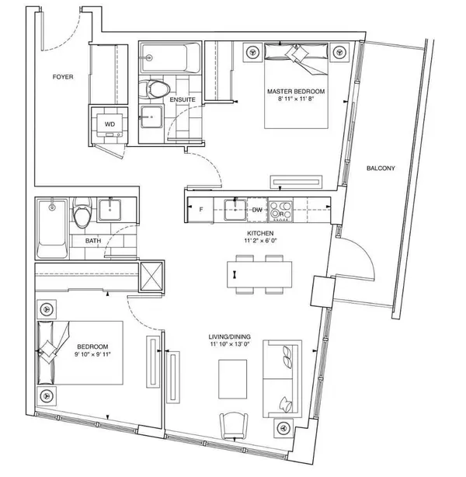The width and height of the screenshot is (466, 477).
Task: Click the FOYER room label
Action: (63, 77)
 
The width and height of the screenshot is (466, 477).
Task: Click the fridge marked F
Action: (201, 210)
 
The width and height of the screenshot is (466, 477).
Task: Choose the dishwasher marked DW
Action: (257, 210)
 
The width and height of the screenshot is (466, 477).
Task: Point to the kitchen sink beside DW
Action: (231, 209)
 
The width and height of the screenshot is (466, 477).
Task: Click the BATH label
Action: (93, 242)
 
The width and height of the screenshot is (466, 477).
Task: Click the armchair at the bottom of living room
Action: (235, 426)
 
